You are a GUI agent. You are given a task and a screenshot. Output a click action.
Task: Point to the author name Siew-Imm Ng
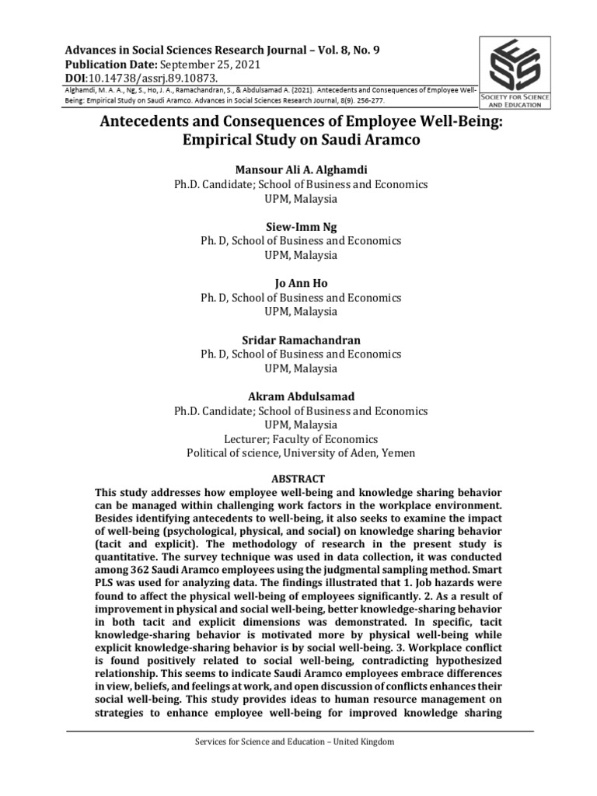pyautogui.click(x=299, y=227)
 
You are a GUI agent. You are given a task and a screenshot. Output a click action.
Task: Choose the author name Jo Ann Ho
pyautogui.click(x=299, y=283)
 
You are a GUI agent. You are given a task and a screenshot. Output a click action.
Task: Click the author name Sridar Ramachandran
pyautogui.click(x=299, y=340)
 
